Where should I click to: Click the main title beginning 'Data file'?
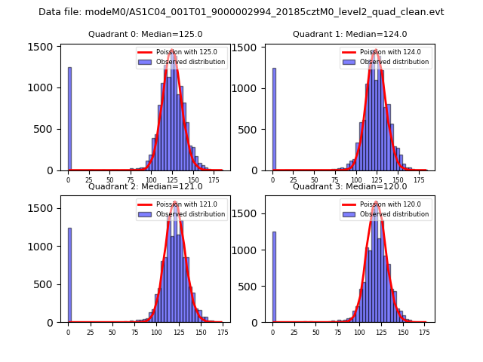(241, 12)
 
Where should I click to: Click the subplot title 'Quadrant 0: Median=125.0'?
(145, 34)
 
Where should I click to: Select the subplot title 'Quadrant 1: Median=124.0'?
(349, 34)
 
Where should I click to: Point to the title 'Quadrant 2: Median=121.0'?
(145, 186)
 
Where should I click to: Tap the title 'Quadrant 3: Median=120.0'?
(349, 186)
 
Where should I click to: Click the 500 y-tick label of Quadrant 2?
(48, 284)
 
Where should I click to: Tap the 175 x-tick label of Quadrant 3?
(424, 332)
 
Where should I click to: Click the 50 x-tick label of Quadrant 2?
(112, 332)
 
